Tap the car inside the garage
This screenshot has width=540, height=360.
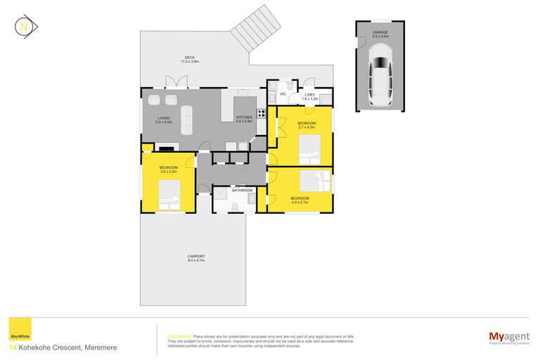click(x=380, y=72)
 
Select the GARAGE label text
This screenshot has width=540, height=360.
click(x=380, y=32)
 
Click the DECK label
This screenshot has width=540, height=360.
click(x=189, y=58)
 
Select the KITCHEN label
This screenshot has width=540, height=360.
click(x=244, y=117)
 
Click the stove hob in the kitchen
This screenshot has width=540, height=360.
click(x=261, y=112)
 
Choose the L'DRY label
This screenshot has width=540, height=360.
click(x=310, y=96)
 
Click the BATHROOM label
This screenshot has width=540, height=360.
click(x=243, y=190)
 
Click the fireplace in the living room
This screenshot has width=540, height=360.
click(x=166, y=148)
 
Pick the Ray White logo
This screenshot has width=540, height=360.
click(x=19, y=330)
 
